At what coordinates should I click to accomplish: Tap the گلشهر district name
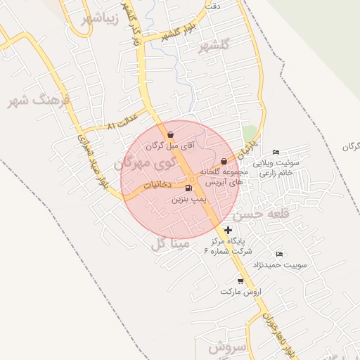[x=214, y=47]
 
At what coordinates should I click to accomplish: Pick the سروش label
[x=226, y=347]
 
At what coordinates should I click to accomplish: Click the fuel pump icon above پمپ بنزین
[x=188, y=188]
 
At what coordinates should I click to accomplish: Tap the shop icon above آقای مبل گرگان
[x=171, y=134]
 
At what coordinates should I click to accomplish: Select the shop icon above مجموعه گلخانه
[x=224, y=161]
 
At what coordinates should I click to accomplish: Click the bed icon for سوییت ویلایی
[x=276, y=152]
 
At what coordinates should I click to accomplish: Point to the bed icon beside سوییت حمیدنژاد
[x=279, y=254]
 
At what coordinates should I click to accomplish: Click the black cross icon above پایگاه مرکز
[x=228, y=230]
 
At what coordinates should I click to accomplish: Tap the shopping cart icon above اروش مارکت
[x=240, y=281]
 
